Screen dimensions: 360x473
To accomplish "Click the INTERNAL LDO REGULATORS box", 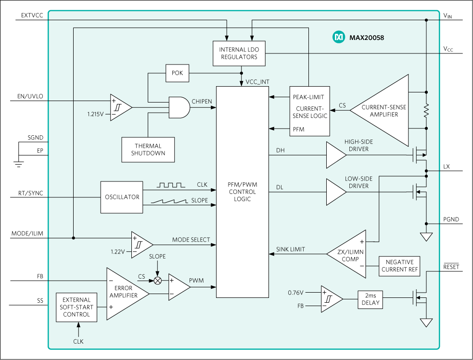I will coord(239,53).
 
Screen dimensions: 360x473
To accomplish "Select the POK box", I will coord(177,73).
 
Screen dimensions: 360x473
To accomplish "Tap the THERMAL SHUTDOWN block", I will coord(148,150).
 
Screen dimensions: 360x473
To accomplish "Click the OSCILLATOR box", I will coord(122,197).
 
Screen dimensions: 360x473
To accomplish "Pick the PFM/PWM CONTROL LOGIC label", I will coord(242,192).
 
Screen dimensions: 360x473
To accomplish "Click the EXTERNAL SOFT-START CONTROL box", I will coord(76,307).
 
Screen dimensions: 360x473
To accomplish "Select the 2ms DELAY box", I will coord(370,299).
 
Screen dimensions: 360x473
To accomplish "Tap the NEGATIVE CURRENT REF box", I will coord(399,266).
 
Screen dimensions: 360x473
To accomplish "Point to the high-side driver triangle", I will coord(334,155).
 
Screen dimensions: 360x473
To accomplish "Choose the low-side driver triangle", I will coord(334,192).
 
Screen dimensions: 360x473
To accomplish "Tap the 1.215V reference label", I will coord(96,114).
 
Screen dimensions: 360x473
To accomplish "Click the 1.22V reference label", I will coord(117,251).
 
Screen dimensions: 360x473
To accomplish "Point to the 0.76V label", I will coord(295,292).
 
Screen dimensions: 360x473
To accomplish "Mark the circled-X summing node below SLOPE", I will coord(157,281).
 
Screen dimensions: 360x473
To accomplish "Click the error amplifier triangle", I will coord(125,293).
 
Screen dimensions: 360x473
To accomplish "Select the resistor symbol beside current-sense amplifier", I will coord(426,110).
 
